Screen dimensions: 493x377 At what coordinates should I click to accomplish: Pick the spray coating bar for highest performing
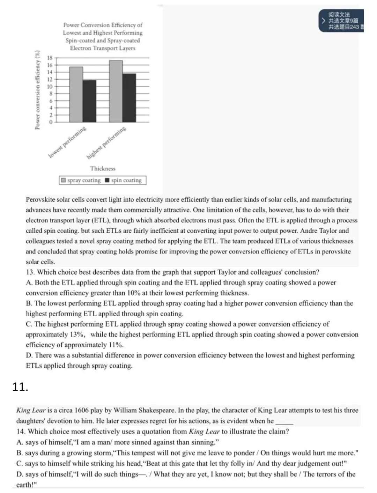point(116,91)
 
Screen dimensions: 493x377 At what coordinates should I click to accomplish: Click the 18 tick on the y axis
point(50,58)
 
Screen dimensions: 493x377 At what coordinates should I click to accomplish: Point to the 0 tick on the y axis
point(51,122)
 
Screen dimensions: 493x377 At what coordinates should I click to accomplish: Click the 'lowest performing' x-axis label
point(67,142)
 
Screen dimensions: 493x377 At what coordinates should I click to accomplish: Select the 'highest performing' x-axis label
point(106,143)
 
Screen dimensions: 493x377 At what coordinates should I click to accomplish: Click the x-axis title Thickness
point(103,168)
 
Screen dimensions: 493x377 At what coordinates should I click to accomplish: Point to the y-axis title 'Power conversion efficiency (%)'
point(37,90)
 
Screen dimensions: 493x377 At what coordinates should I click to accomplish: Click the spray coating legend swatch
point(63,181)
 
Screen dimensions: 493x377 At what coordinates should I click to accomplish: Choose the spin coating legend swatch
point(108,181)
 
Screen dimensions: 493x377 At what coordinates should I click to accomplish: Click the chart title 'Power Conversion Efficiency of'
point(103,25)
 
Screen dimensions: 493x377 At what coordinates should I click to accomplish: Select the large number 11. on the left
point(20,387)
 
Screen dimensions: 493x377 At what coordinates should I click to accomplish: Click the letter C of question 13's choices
point(29,324)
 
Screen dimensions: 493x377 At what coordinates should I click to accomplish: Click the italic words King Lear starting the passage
point(31,411)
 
